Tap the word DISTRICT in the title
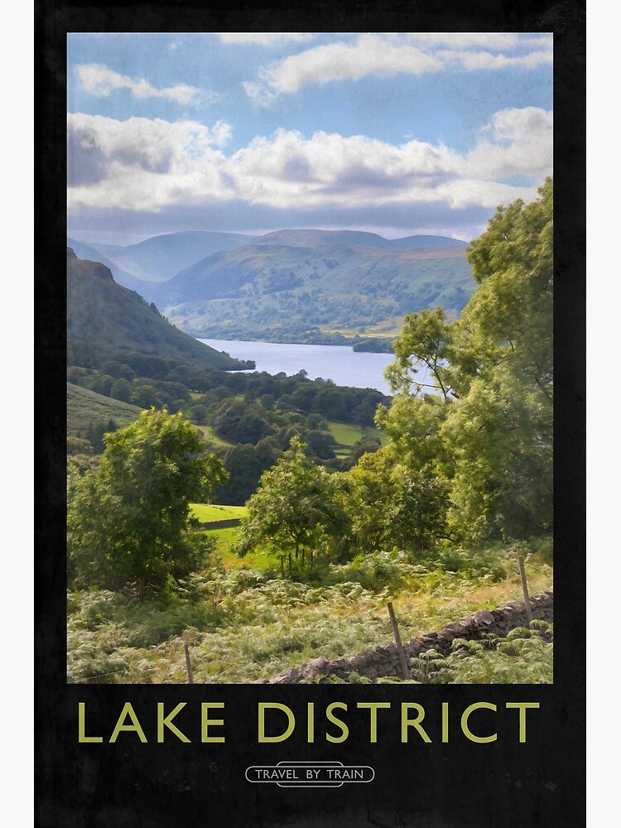click(x=397, y=722)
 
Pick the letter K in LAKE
click(x=175, y=722)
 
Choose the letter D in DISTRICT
click(x=275, y=722)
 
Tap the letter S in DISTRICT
click(x=337, y=722)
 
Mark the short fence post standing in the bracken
click(x=189, y=662)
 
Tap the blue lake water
click(x=315, y=362)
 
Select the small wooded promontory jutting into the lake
click(x=373, y=346)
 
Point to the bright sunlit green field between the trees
click(x=217, y=513)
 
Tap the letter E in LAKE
click(x=213, y=722)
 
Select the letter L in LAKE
click(x=89, y=722)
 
